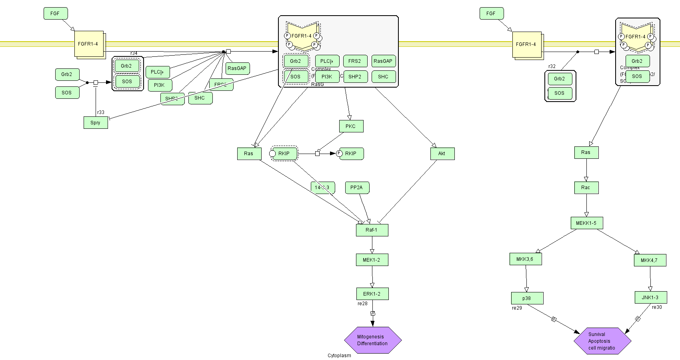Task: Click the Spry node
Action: click(96, 123)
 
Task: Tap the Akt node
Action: click(442, 154)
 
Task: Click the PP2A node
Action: click(357, 188)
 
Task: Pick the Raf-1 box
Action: click(372, 230)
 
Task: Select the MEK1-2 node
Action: click(372, 260)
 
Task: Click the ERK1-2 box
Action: click(372, 294)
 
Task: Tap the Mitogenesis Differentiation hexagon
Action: click(372, 340)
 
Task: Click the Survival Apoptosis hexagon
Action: click(602, 341)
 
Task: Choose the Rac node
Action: click(586, 188)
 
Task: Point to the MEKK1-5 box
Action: click(586, 223)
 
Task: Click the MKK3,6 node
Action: click(526, 259)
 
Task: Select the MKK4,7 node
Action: click(650, 260)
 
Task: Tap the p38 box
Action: click(527, 298)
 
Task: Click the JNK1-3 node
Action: click(650, 298)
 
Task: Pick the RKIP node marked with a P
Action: click(351, 154)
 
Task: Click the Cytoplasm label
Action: click(339, 356)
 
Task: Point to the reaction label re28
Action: click(362, 304)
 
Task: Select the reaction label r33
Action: click(101, 112)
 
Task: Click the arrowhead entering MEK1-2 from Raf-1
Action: click(372, 251)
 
